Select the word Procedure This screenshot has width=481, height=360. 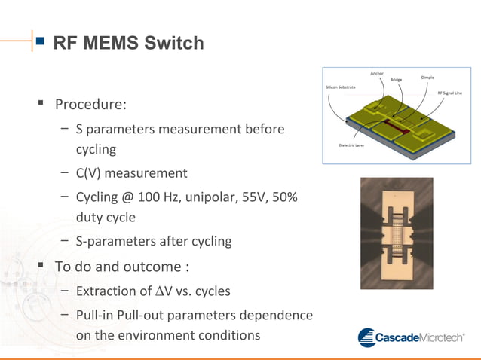90,102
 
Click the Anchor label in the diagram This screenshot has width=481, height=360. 377,73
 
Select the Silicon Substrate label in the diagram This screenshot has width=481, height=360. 340,87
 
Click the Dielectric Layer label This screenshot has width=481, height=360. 351,145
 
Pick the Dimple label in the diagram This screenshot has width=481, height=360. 427,77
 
